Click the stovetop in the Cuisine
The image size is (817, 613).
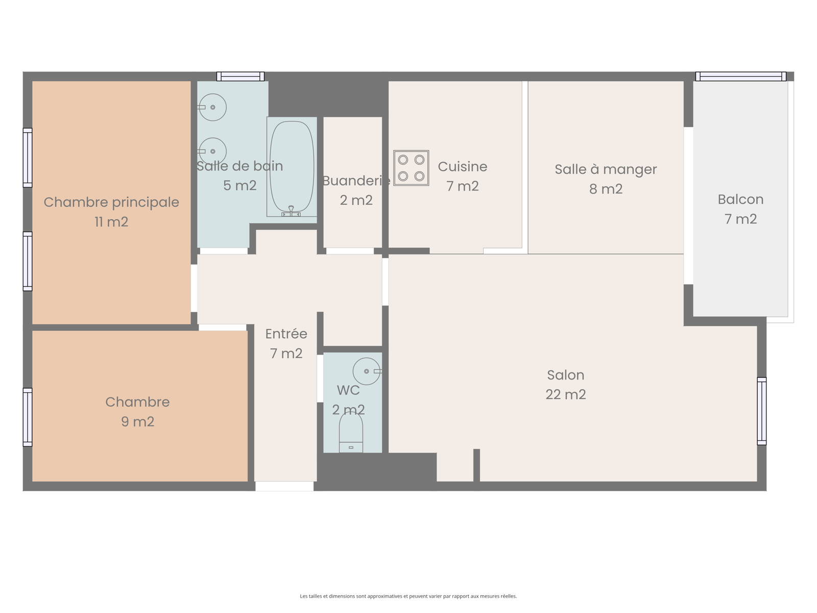tap(411, 168)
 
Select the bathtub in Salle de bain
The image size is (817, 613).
tap(292, 167)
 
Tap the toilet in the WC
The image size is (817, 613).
tap(351, 432)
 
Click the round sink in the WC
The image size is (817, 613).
tap(367, 371)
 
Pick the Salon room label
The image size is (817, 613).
tap(565, 375)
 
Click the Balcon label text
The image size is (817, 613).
tap(740, 200)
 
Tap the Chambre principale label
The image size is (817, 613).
tap(111, 202)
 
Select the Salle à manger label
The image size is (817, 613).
tap(606, 170)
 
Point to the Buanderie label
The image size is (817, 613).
tap(356, 181)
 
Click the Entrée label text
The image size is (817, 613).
tap(286, 334)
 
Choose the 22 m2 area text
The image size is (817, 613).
tap(565, 394)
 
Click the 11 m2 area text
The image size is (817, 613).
tap(111, 222)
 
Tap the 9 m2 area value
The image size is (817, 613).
tap(137, 422)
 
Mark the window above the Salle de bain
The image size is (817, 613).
tap(241, 76)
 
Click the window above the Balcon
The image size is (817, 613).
tap(741, 76)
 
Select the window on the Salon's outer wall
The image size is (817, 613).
tap(761, 411)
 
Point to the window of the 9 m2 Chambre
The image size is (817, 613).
tap(28, 417)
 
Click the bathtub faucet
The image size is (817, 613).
tap(291, 211)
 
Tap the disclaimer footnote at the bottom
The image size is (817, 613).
tap(408, 596)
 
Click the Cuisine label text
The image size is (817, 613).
tap(462, 167)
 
